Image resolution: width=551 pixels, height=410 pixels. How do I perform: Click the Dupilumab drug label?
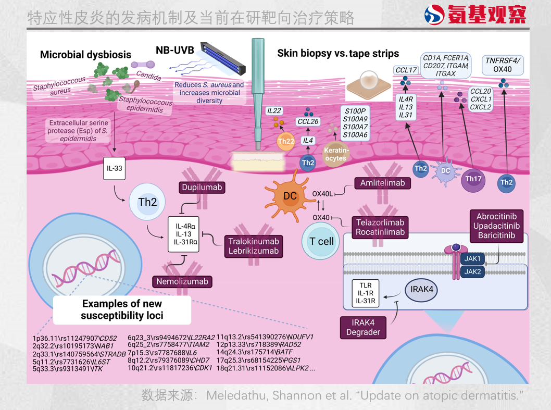coord(203,188)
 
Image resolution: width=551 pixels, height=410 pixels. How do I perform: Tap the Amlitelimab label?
coord(383,183)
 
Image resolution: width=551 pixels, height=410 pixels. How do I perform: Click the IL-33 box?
coord(114,169)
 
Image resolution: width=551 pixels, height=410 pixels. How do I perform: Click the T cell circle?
coord(321,241)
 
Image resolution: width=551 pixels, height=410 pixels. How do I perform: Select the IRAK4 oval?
coord(422,288)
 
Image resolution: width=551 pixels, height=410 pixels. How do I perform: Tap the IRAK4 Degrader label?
coord(363,327)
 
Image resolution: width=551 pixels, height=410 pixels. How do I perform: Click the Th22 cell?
coord(286,141)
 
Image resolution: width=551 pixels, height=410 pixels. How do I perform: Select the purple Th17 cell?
coord(473,179)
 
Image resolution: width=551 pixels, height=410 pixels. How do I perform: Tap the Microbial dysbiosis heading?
coord(85,55)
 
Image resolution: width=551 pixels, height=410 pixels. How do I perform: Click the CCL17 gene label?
coord(406,70)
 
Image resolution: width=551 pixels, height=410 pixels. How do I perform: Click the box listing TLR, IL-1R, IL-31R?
coord(366,293)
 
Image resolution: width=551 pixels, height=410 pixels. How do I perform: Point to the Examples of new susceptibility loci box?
coord(122,309)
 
